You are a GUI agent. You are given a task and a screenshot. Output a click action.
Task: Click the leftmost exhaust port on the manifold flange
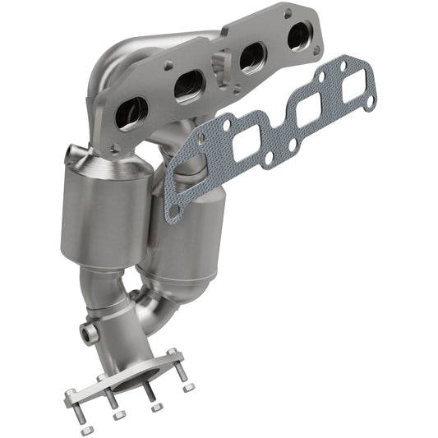(131, 113)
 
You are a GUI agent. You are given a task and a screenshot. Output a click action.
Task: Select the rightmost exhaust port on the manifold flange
(299, 36)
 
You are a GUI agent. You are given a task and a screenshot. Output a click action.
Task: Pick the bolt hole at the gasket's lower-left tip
(173, 212)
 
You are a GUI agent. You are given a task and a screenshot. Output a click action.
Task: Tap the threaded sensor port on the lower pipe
(87, 334)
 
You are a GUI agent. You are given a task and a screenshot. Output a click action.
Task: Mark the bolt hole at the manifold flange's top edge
(287, 13)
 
